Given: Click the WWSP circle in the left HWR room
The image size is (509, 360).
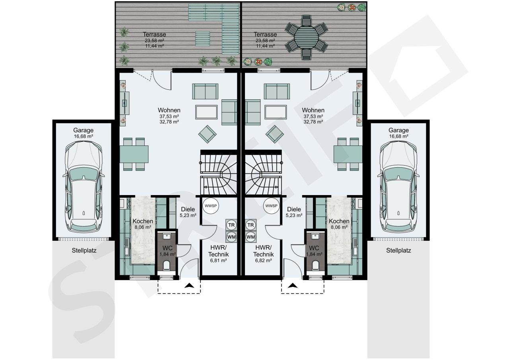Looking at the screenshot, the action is pos(211,206).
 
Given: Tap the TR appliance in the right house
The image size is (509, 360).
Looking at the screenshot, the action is pos(251,225).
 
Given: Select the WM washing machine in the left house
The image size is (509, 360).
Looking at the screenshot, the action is pos(231,237).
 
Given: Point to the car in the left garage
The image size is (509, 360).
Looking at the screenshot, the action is pos(84,187).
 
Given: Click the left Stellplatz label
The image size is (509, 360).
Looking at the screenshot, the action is pos(84,251).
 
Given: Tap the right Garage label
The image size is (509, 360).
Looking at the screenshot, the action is pos(398,130).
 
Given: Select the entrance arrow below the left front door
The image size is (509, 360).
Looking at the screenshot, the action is pos(189,286).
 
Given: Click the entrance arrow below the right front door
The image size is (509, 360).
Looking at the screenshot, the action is pos(292,286).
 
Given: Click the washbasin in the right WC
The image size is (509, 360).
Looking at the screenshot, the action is pos(315,236).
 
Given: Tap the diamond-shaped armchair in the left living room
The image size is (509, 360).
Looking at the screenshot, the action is pos(207,134).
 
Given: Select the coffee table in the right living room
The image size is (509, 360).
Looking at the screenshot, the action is pos(276,112).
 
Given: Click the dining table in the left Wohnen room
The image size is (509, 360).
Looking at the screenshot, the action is pos(134,154).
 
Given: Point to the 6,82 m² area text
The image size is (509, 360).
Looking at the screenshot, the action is pos(263,261).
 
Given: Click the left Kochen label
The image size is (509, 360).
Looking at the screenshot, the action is pos(143,221).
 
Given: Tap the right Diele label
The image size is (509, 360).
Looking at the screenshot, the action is pos(294,209).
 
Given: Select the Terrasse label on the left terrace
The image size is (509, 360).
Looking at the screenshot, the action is pos(155,35).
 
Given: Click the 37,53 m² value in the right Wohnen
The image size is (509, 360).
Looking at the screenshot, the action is pos(313,116).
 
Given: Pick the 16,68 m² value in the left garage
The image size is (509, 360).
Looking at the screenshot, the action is pos(84,136).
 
